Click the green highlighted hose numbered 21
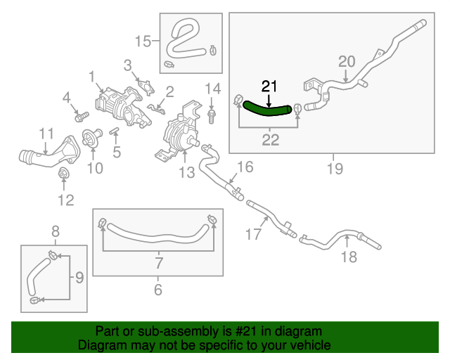tap(267, 108)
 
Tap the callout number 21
tap(270, 86)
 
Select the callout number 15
tap(143, 41)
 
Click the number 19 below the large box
tap(334, 169)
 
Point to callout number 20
tap(347, 61)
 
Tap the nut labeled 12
tap(63, 174)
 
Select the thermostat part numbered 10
tap(90, 139)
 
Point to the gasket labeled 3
tap(145, 85)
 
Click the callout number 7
tap(159, 264)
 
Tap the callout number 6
tap(157, 289)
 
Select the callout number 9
tap(79, 278)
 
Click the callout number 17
tap(252, 235)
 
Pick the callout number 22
tap(270, 140)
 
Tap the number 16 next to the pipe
tap(244, 167)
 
